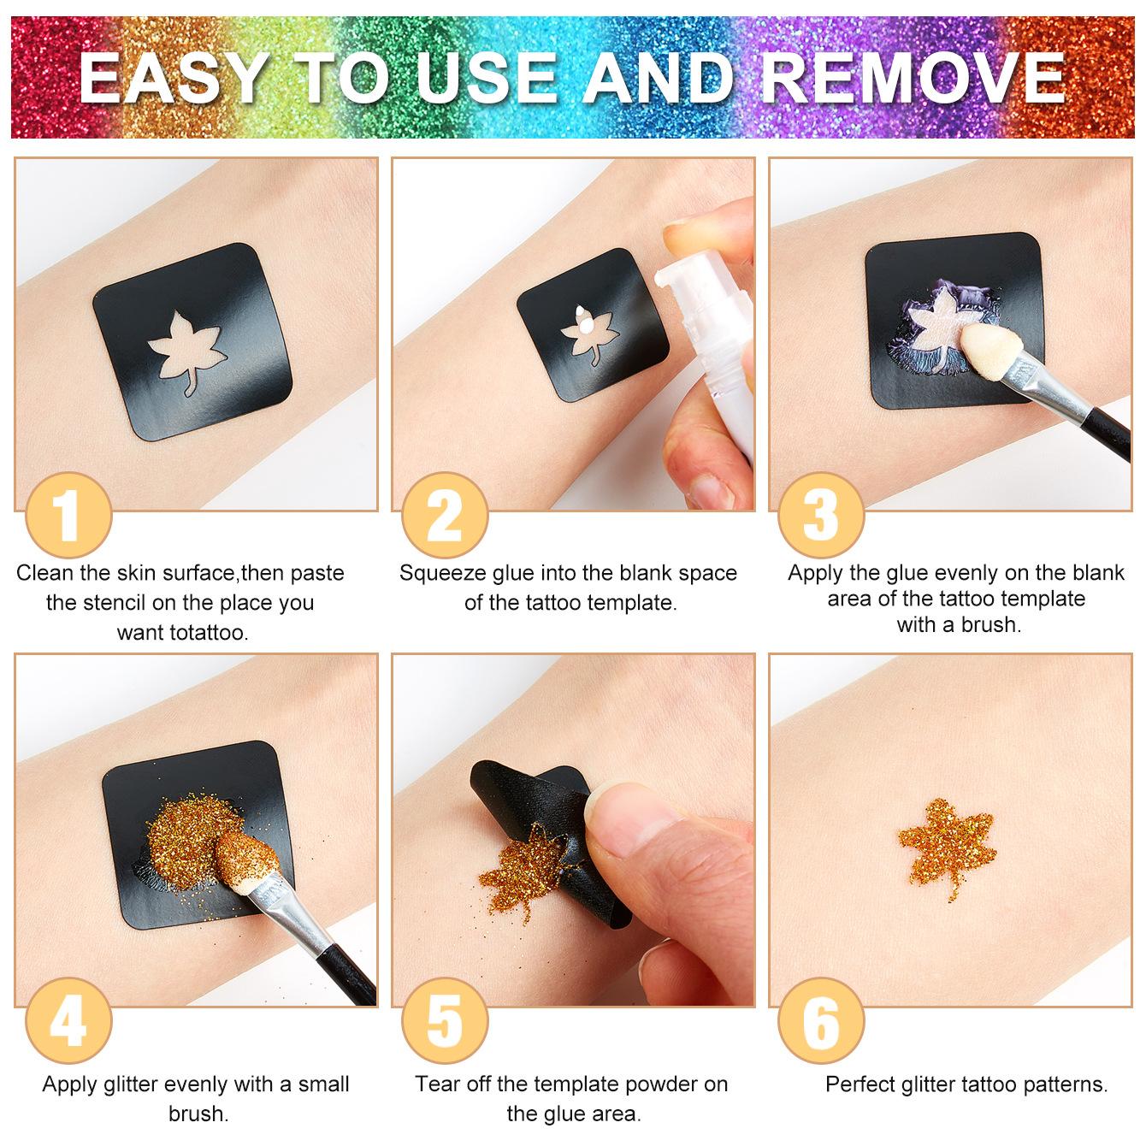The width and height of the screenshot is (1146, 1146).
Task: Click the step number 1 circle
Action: click(68, 515)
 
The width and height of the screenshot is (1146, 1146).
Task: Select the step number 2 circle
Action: click(444, 515)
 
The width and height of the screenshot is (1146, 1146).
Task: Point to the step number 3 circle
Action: click(821, 515)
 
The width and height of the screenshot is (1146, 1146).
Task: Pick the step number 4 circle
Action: click(68, 1020)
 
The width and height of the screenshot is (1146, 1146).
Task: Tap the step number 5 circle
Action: click(444, 1020)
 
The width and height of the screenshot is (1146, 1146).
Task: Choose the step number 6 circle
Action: click(821, 1020)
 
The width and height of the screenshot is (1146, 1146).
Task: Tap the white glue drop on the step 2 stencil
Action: click(585, 322)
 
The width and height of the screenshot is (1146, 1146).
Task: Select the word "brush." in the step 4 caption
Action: click(198, 1114)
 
